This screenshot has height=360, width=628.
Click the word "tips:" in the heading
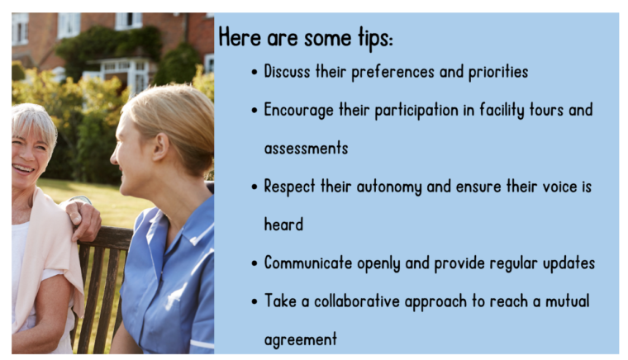tap(376, 39)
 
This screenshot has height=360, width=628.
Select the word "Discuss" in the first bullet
tap(287, 72)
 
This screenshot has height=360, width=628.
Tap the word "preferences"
tap(392, 73)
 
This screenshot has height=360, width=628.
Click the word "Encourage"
tap(298, 111)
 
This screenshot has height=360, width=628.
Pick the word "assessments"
tap(306, 149)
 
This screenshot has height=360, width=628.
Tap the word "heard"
tap(283, 225)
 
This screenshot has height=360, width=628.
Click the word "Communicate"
tap(307, 263)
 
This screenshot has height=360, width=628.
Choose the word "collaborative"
tap(356, 301)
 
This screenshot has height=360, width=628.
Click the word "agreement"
tap(301, 340)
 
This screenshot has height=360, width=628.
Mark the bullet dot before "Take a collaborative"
tap(255, 302)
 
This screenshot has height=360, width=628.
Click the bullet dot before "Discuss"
tap(255, 73)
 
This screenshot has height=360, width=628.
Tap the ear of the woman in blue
tap(160, 146)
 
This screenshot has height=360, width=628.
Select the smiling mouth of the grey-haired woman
tap(23, 168)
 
